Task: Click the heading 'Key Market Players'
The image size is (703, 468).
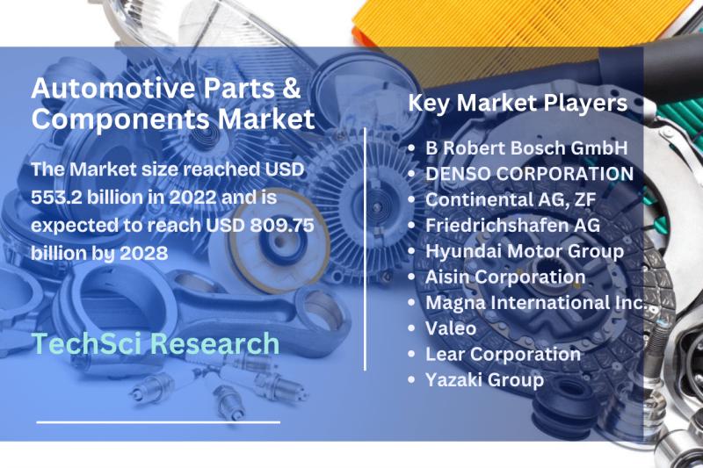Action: (x=518, y=104)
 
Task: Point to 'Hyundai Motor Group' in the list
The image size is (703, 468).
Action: (x=525, y=251)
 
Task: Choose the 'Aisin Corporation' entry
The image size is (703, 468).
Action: (x=505, y=277)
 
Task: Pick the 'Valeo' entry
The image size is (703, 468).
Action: (x=451, y=328)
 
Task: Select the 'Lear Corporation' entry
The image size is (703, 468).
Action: (x=503, y=354)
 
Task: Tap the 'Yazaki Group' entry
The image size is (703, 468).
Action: (x=484, y=380)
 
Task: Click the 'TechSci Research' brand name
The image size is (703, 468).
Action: (x=155, y=343)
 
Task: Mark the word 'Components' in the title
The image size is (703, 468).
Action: (x=112, y=119)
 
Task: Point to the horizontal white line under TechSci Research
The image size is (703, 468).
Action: (x=158, y=421)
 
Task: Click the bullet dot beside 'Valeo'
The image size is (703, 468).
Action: (x=414, y=329)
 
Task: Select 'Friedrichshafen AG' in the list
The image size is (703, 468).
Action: (x=512, y=226)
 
